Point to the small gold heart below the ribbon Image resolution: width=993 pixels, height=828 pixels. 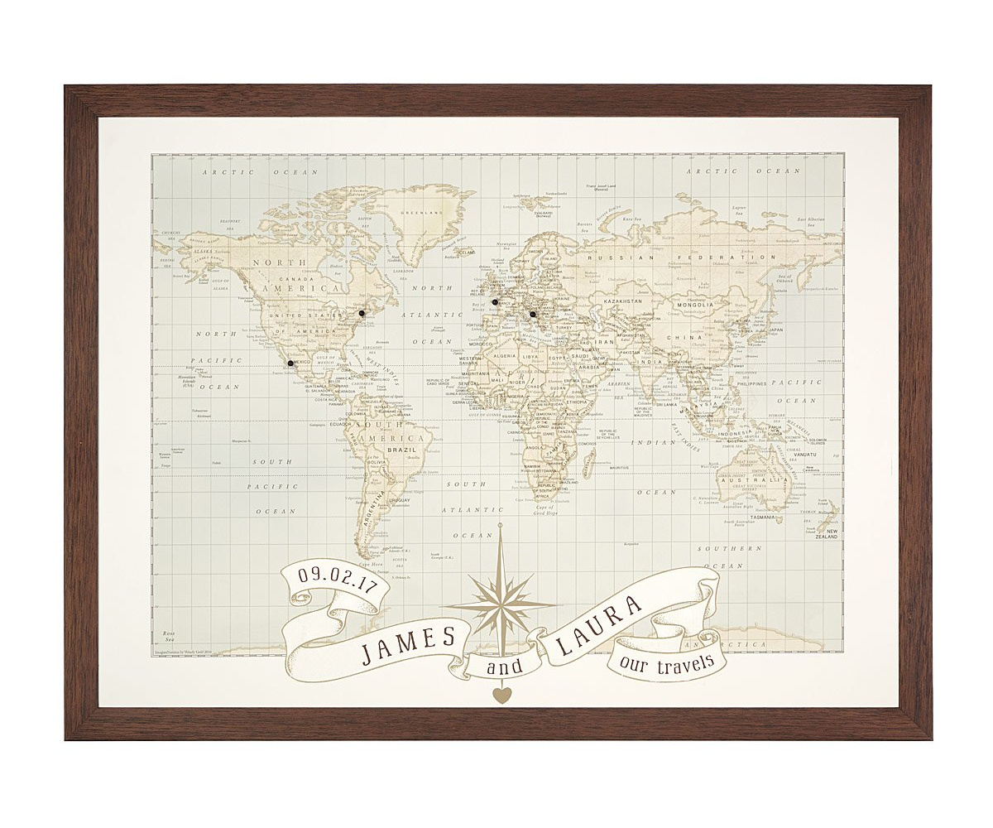coord(499,696)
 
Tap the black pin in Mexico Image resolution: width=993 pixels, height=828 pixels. coord(290,363)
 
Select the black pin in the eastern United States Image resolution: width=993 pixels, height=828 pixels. coord(362,313)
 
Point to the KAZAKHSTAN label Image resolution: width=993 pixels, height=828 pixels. coord(616,302)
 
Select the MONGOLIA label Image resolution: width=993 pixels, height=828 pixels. coord(695,305)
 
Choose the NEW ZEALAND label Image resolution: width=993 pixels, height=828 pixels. coord(830,534)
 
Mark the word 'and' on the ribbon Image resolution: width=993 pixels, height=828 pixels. coord(500,667)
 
